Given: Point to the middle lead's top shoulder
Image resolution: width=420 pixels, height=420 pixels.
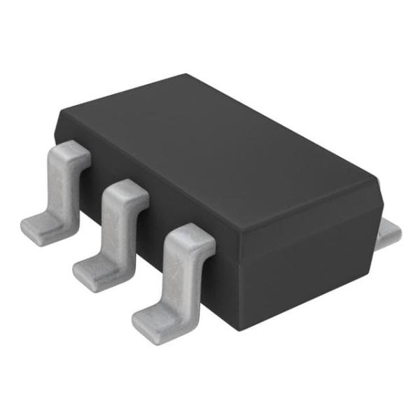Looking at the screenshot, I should click(126, 190).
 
